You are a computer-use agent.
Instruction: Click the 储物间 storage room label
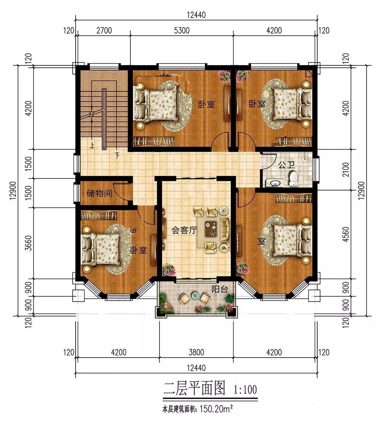(x=99, y=193)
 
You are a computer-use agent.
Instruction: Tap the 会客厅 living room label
(x=184, y=230)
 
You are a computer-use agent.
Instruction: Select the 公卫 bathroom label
(x=286, y=164)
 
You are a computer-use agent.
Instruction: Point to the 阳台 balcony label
(x=220, y=289)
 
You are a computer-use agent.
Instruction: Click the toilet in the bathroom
(x=294, y=179)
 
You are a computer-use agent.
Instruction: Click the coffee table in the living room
(x=211, y=228)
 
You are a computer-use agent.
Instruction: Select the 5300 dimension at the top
(x=182, y=30)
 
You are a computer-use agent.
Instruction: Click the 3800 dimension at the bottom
(x=196, y=352)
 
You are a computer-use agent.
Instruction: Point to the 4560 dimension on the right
(x=345, y=234)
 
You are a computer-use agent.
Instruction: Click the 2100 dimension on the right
(x=345, y=169)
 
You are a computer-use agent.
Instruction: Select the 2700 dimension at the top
(x=104, y=30)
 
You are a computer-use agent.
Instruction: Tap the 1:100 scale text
(x=245, y=390)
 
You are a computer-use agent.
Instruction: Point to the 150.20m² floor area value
(x=216, y=409)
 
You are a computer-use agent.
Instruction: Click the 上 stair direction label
(x=92, y=145)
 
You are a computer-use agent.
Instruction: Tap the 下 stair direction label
(x=117, y=155)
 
